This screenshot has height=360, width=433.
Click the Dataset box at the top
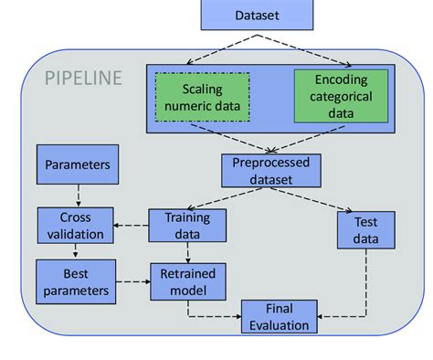tap(258, 16)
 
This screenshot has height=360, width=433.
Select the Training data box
tap(186, 226)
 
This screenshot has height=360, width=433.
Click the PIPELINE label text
tap(83, 79)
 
